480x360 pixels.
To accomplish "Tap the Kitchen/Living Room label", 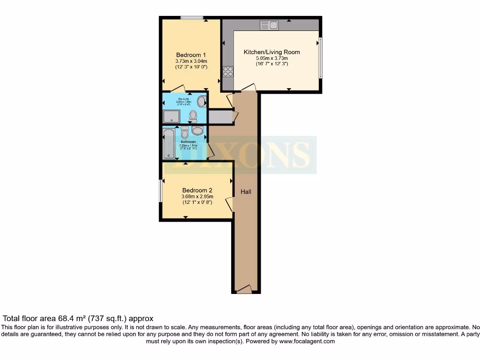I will pyautogui.click(x=271, y=52).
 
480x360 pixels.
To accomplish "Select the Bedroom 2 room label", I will pyautogui.click(x=197, y=190).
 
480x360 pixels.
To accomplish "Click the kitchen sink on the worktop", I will pyautogui.click(x=270, y=25).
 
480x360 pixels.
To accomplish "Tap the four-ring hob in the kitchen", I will pyautogui.click(x=228, y=71).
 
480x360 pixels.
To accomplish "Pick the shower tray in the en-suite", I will pyautogui.click(x=171, y=116).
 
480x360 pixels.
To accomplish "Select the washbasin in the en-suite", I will pyautogui.click(x=202, y=101).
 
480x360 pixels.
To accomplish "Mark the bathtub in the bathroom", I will pyautogui.click(x=168, y=143).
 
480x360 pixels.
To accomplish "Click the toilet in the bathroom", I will pyautogui.click(x=184, y=133).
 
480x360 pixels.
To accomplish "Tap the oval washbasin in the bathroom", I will pyautogui.click(x=197, y=131).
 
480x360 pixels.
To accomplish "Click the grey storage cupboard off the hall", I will pyautogui.click(x=220, y=117).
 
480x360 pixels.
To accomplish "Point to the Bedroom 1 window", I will pyautogui.click(x=192, y=18).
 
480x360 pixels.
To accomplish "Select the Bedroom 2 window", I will pyautogui.click(x=160, y=191).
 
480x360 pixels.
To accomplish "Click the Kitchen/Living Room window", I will pyautogui.click(x=321, y=58).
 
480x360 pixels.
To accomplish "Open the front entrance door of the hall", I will pyautogui.click(x=244, y=290).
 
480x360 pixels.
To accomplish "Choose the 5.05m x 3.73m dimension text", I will pyautogui.click(x=271, y=58).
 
